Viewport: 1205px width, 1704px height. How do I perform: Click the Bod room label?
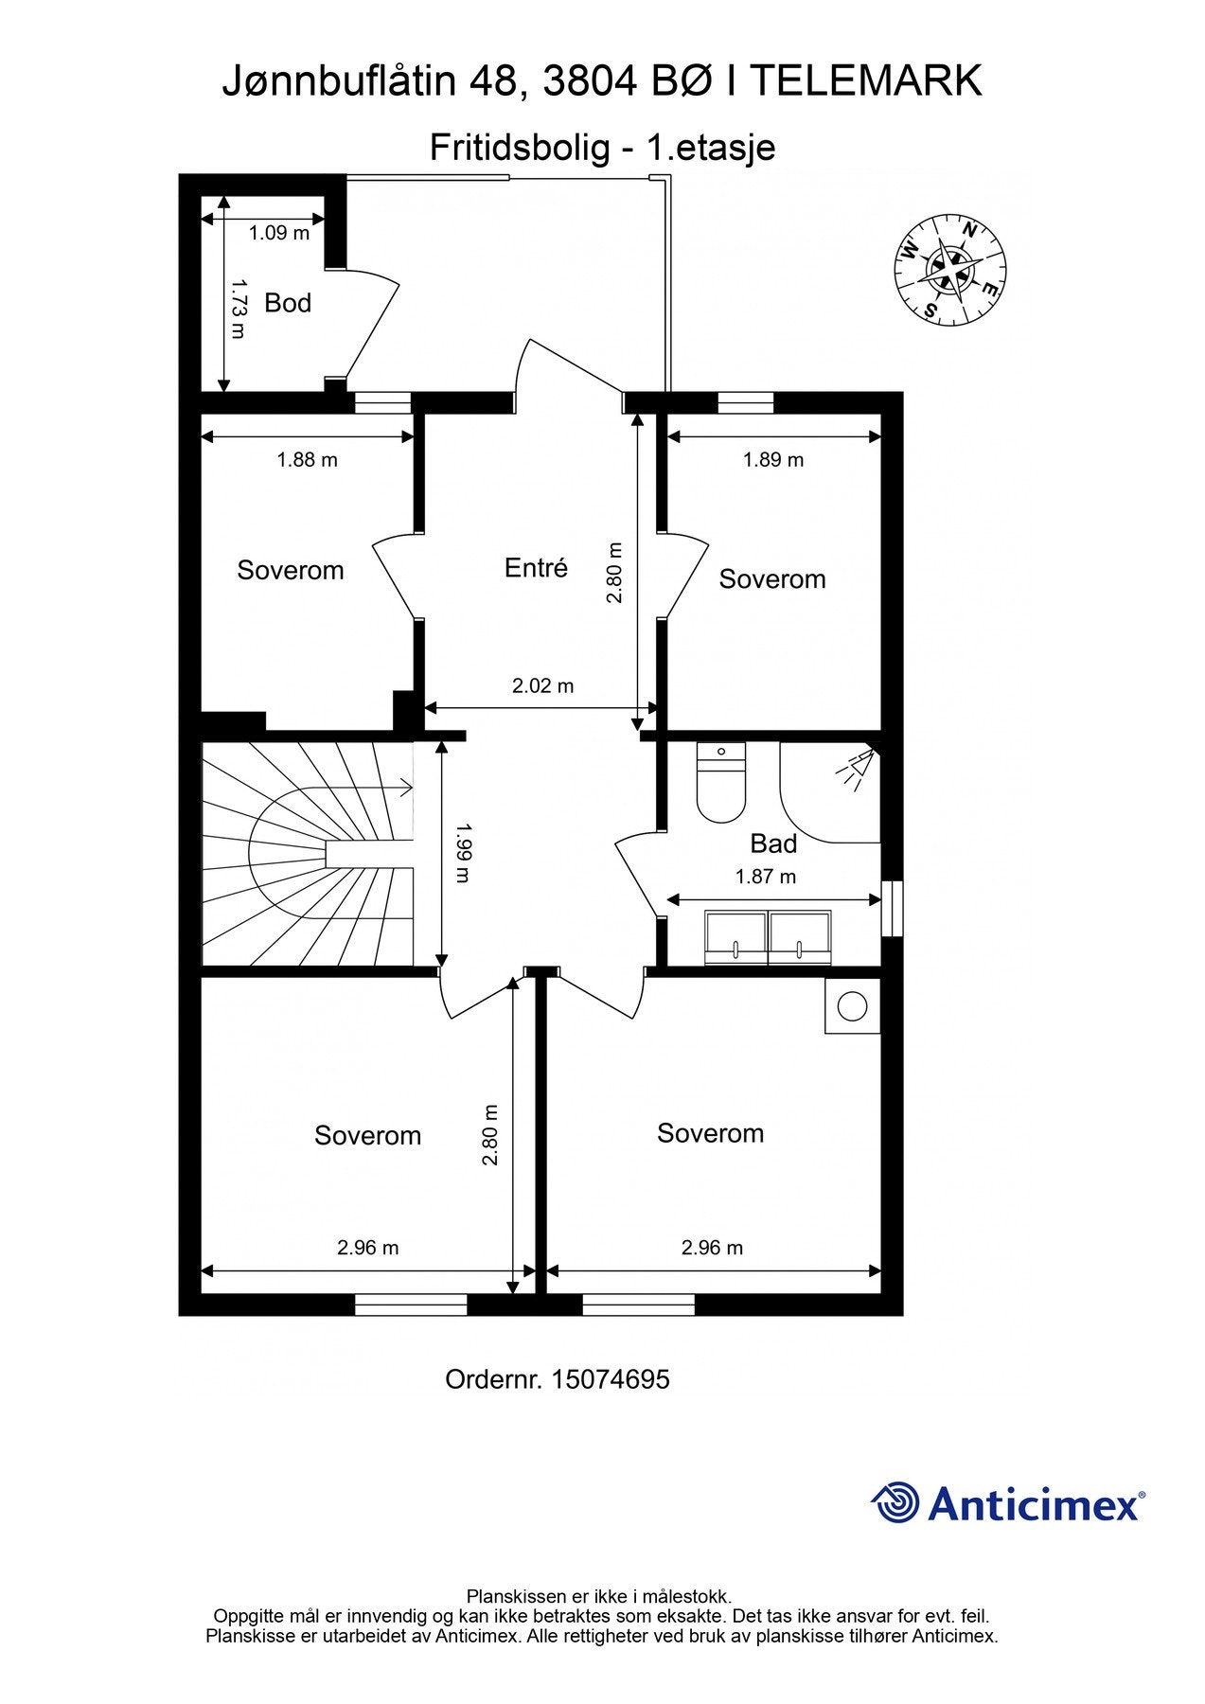point(287,303)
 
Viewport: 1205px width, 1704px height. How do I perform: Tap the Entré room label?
point(536,568)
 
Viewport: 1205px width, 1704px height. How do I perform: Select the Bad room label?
point(772,843)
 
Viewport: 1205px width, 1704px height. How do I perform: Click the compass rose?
point(949,269)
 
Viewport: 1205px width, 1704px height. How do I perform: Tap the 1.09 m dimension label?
point(279,233)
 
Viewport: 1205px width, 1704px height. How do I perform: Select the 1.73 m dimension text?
point(238,309)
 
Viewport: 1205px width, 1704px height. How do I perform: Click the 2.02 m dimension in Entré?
point(542,686)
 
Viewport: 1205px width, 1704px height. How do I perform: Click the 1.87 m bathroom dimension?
point(765,878)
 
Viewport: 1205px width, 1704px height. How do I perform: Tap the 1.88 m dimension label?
point(307,460)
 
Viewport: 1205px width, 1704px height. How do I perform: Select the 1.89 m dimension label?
point(772,460)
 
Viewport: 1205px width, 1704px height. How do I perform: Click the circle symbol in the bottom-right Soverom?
point(852,1006)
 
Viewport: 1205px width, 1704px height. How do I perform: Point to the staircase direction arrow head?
point(407,787)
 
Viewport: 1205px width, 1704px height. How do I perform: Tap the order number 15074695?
point(610,1379)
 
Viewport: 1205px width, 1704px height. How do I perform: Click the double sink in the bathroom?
point(768,937)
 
